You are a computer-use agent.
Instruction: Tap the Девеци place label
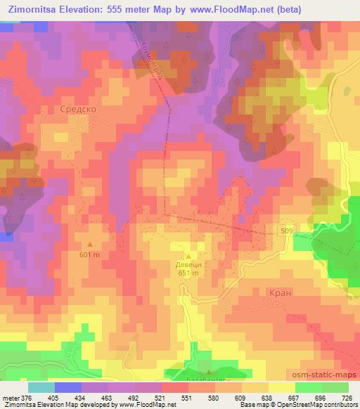[x=189, y=265]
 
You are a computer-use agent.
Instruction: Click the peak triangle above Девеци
[x=188, y=255]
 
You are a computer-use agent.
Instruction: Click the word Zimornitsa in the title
[x=34, y=10]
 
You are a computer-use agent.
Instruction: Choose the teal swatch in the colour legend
[x=41, y=387]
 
